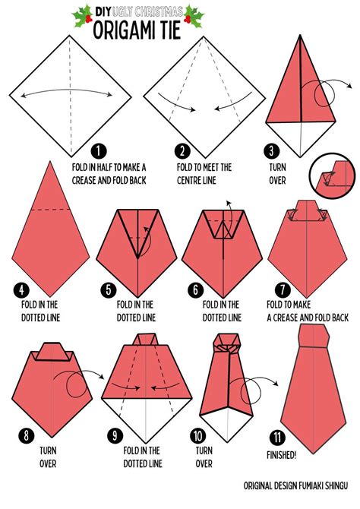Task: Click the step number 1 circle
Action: (99, 151)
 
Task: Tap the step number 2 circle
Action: (182, 151)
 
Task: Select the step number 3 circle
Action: (271, 151)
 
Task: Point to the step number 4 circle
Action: (21, 290)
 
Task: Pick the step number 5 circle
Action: (109, 290)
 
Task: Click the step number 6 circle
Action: (195, 290)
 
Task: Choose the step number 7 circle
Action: (283, 290)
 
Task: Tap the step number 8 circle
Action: (27, 435)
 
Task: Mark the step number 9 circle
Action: (115, 435)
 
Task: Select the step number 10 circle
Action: (198, 435)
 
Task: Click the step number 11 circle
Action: (277, 438)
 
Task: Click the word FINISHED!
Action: (282, 455)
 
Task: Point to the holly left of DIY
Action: (83, 16)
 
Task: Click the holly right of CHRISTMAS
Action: (194, 16)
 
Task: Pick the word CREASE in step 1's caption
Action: (84, 180)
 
